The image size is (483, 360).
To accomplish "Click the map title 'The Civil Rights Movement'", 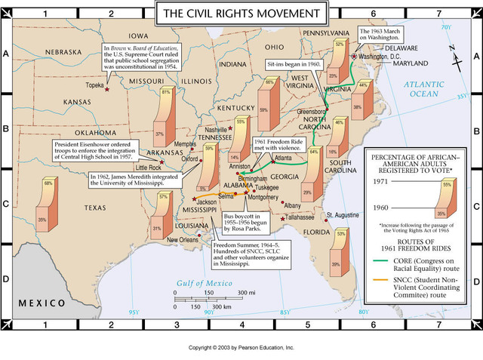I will click(241, 12).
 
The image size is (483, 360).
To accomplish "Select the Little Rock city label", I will click(148, 167).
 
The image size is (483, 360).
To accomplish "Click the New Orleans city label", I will click(183, 240).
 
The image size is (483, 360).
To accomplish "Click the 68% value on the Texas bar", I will click(48, 183).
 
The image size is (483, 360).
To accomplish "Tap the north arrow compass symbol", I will click(451, 55).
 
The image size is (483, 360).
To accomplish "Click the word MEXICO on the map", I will click(43, 302).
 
